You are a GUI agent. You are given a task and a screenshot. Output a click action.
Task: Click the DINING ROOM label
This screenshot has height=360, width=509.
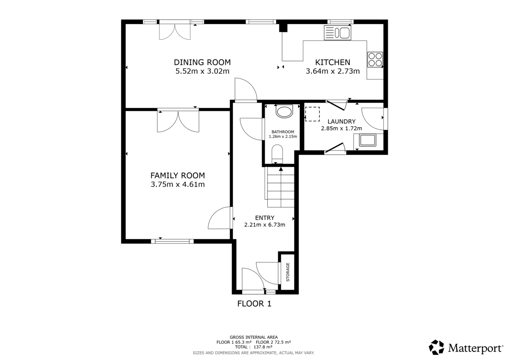point(202,62)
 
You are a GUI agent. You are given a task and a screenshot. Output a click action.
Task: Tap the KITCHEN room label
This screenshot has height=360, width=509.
point(333,62)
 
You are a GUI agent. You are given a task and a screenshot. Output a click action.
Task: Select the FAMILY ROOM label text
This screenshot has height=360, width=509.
point(177,175)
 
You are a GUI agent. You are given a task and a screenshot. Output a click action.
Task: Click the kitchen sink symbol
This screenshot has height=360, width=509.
point(338,33)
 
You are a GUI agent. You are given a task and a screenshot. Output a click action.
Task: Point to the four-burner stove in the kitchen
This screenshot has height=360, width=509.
point(375,59)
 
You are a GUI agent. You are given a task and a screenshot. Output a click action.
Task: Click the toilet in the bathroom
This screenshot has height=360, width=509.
point(284,112)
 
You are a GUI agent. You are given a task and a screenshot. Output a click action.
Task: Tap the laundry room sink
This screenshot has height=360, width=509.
point(367,140)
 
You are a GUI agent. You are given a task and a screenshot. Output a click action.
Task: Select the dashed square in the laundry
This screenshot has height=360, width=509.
point(313,114)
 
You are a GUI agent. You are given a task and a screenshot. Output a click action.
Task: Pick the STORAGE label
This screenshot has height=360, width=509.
point(288,272)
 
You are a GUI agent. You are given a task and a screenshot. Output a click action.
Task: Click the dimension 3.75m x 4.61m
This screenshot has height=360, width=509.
point(177,184)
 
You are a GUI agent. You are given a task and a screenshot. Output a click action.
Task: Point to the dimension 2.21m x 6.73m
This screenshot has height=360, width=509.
point(265,225)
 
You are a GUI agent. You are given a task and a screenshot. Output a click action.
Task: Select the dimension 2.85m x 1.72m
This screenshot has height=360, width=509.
point(341,128)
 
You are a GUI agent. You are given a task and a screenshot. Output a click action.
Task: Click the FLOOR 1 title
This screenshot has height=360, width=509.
point(254,304)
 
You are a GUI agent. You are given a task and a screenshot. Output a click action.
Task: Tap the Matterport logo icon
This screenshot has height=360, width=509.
point(436,347)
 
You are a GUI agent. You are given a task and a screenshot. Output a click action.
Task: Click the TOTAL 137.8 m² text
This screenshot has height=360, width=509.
point(254,346)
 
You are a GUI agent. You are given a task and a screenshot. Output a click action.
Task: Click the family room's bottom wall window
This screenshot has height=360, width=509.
point(172,241)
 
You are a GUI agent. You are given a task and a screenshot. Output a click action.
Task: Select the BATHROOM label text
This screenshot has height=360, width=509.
point(283,131)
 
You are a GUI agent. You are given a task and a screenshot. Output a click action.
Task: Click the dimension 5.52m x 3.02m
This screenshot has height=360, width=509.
point(202,71)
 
